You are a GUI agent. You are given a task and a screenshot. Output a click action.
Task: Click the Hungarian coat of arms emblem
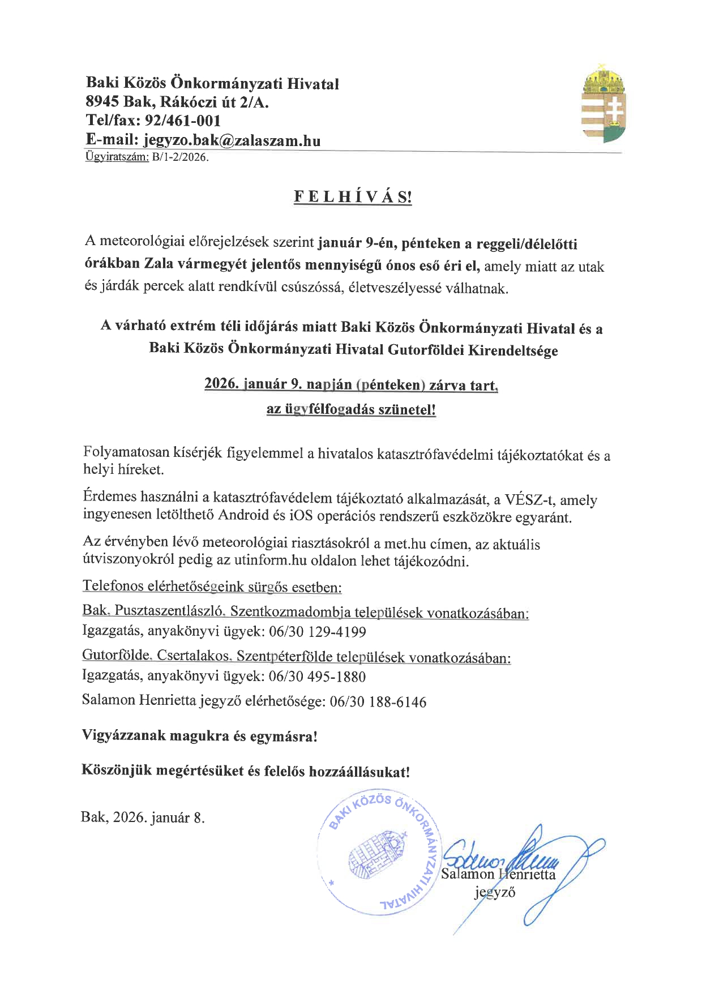pyautogui.click(x=604, y=104)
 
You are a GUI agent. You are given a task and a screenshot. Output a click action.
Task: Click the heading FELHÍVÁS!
pyautogui.click(x=353, y=198)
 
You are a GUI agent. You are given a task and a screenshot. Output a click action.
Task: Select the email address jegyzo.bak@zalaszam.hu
pyautogui.click(x=232, y=140)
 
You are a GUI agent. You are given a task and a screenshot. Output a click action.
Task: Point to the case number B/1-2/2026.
pyautogui.click(x=180, y=157)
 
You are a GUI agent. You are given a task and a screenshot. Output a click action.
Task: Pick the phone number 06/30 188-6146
pyautogui.click(x=378, y=702)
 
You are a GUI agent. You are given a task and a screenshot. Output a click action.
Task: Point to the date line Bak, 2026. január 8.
pyautogui.click(x=143, y=817)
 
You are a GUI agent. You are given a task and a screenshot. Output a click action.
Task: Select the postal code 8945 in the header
pyautogui.click(x=101, y=102)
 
